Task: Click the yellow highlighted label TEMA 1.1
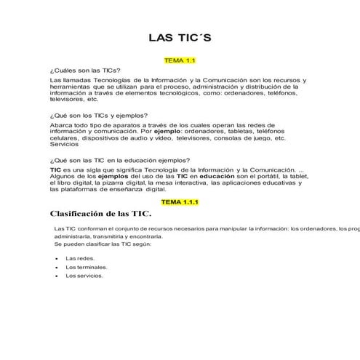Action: (180, 61)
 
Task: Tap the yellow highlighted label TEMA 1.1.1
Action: (180, 201)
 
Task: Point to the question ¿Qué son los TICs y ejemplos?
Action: (98, 116)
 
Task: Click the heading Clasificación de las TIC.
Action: (100, 214)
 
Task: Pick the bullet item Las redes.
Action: (80, 258)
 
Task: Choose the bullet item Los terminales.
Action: (86, 267)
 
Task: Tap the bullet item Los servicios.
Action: (84, 276)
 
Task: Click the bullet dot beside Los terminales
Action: (57, 267)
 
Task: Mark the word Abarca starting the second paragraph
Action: (61, 124)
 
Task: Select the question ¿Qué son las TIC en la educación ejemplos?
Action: (120, 160)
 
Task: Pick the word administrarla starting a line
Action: (73, 236)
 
